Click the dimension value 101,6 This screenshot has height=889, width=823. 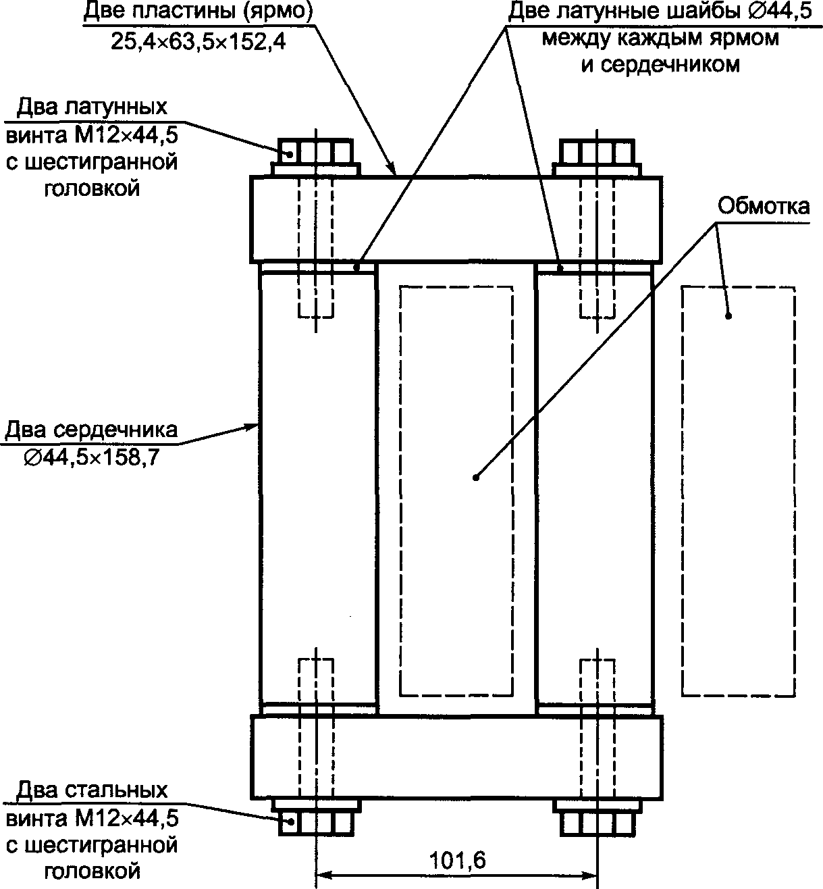coord(457,861)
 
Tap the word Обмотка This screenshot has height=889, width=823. coord(764,207)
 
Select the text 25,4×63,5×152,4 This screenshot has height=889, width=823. coord(198,42)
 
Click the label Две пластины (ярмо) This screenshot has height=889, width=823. coord(198,11)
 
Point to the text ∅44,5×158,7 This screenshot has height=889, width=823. coord(92,458)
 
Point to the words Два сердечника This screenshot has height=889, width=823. coord(91,430)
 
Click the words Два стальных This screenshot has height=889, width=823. coord(92,790)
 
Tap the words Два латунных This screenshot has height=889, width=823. coord(92,107)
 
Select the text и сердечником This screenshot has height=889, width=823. coord(660,65)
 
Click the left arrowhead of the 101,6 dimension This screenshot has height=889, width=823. coord(323,875)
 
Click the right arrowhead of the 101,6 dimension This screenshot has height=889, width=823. coord(590,875)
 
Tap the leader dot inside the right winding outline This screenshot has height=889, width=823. coord(728,316)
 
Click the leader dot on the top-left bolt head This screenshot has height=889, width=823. coord(290,155)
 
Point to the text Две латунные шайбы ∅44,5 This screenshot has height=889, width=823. coord(660,11)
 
